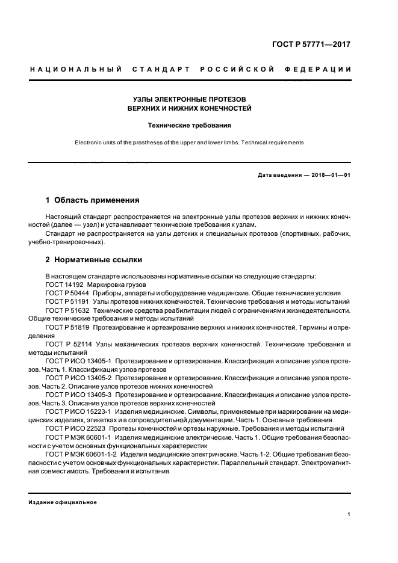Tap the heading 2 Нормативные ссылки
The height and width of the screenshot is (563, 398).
coord(94,260)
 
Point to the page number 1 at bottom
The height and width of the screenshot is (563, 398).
coord(349,514)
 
